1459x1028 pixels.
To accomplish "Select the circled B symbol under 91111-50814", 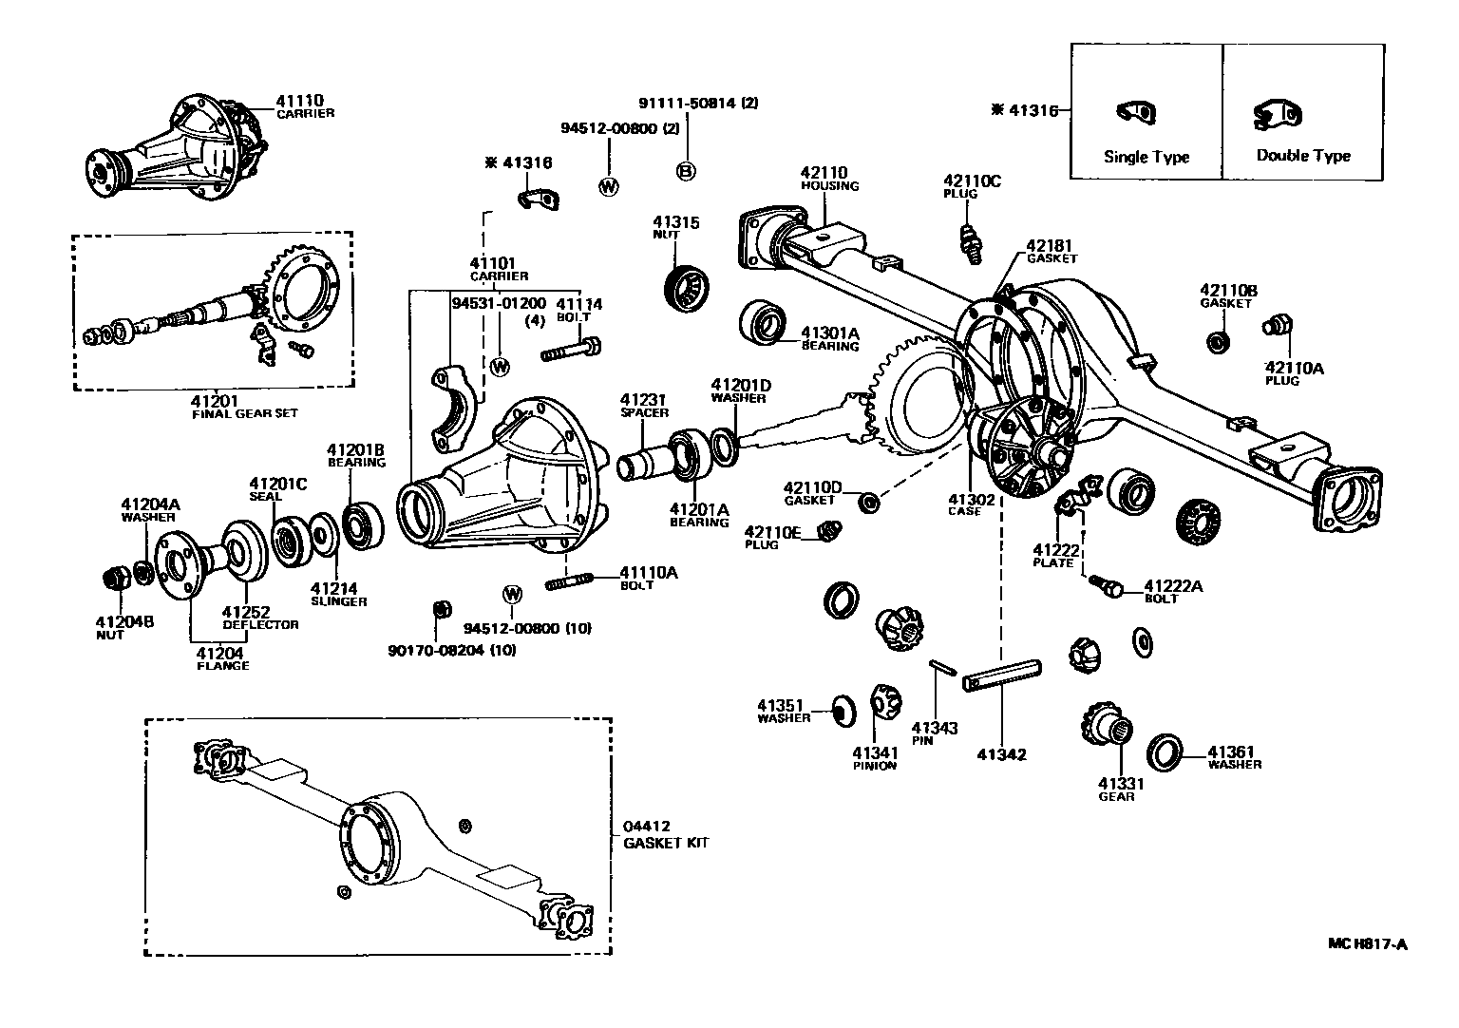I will coord(686,171).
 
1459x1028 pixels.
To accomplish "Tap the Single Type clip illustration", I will coord(1135,112).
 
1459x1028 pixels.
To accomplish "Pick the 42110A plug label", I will coord(1293,373).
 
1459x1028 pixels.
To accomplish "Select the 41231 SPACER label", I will coord(644,406).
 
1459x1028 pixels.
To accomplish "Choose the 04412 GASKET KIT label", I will coord(665,834).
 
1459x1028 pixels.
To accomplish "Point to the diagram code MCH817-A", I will coord(1367,944).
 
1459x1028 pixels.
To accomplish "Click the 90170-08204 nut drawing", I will coord(440,609).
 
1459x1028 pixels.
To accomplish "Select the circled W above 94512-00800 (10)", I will coord(513,595).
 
